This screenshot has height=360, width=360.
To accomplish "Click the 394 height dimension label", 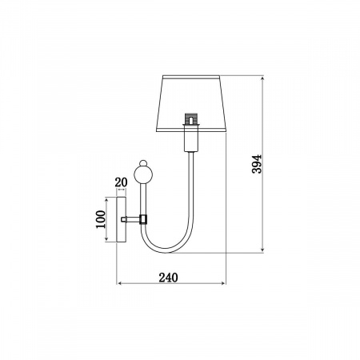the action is click(257, 164).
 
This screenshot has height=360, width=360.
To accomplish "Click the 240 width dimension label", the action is click(168, 278).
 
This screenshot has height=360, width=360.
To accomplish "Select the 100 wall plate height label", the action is click(101, 219).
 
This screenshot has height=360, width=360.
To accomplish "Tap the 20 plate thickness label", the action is click(121, 182).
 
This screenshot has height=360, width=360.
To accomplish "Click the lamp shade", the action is click(191, 103).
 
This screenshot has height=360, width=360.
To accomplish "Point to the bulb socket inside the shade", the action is click(191, 119).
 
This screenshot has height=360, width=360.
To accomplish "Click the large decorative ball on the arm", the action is click(143, 174).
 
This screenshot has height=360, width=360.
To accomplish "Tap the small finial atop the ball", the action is click(143, 162).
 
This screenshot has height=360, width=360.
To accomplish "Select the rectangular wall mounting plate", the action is click(122, 219).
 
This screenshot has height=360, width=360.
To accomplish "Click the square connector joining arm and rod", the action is click(143, 219).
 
